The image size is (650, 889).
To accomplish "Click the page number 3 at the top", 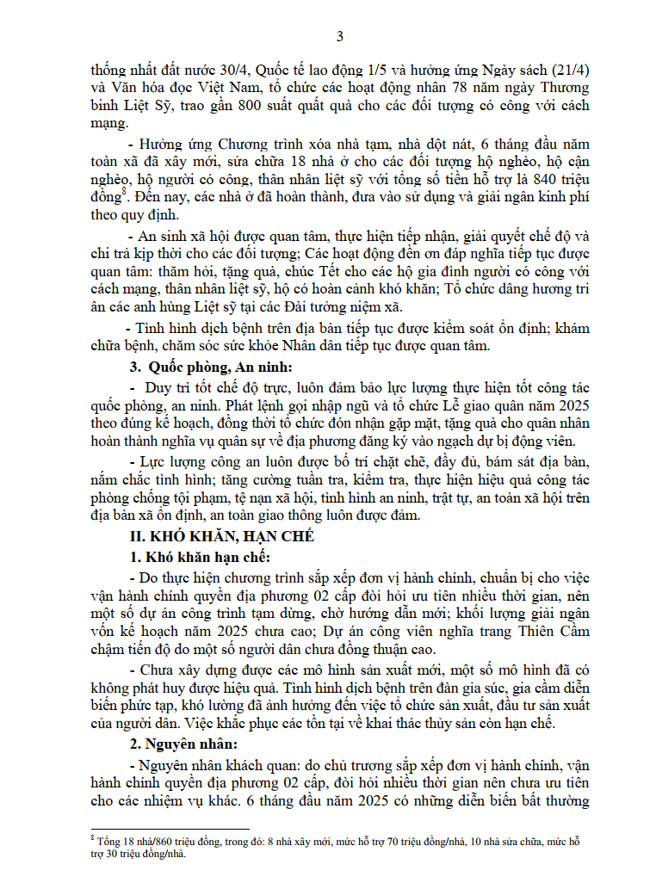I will coord(339,36).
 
